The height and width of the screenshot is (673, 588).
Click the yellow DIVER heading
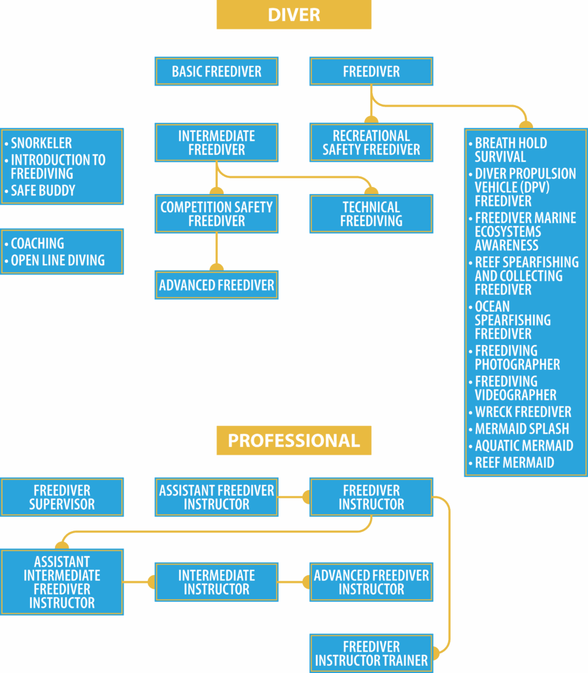(294, 14)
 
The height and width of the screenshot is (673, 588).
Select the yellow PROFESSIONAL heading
(294, 440)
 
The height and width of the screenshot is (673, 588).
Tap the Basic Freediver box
(216, 71)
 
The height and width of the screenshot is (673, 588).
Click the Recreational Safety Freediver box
(372, 142)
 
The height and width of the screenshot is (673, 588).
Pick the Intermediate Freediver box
(216, 142)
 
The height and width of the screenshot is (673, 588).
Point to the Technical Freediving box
(372, 214)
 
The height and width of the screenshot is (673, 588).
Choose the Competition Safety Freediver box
(216, 214)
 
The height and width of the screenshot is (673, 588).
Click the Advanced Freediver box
(216, 286)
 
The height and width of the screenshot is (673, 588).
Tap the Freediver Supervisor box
(62, 497)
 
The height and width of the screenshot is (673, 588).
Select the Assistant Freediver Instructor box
(216, 497)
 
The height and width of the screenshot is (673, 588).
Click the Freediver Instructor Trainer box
(372, 653)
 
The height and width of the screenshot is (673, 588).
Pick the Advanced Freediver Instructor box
(372, 582)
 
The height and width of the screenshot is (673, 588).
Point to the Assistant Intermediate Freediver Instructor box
(62, 582)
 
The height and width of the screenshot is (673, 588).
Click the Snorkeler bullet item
(41, 143)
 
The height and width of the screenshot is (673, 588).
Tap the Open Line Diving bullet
(58, 260)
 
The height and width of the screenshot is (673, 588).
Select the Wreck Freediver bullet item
(523, 412)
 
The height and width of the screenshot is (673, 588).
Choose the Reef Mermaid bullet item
(514, 463)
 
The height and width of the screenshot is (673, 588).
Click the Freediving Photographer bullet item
(517, 357)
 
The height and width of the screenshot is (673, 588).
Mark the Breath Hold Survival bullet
(510, 150)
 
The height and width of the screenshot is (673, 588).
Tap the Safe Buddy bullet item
(43, 191)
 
